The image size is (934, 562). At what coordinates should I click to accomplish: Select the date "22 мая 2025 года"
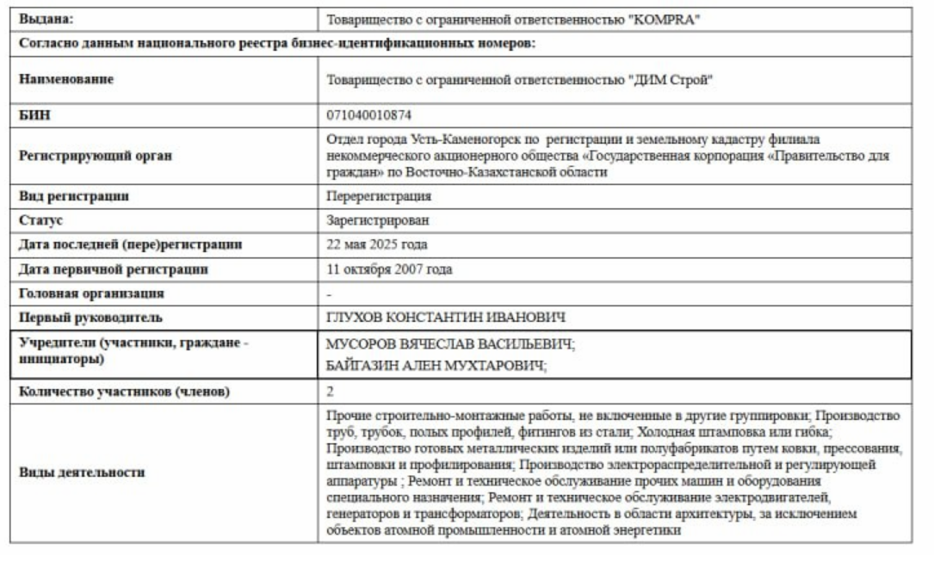pyautogui.click(x=377, y=244)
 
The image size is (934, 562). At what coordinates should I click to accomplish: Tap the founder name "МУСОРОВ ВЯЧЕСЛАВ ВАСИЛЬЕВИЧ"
pyautogui.click(x=448, y=344)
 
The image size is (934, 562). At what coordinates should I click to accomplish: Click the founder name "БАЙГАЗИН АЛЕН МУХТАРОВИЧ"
pyautogui.click(x=436, y=366)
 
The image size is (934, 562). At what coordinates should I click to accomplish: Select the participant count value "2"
pyautogui.click(x=331, y=392)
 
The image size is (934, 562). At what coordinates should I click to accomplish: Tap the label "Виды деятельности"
pyautogui.click(x=82, y=472)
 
